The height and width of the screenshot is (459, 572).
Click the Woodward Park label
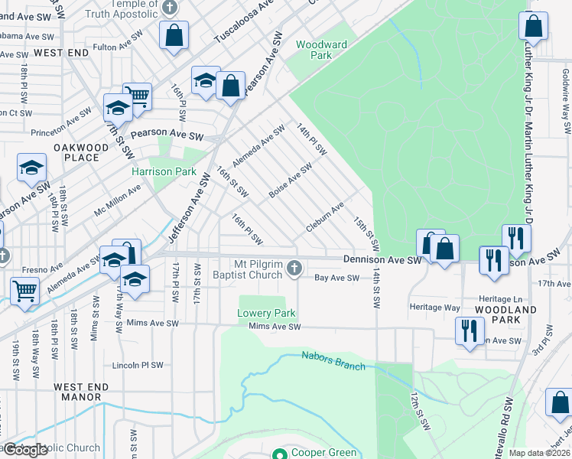[x=321, y=50]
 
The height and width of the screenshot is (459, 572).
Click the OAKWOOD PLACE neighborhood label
[x=76, y=152]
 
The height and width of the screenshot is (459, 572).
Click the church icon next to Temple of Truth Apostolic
[x=170, y=8]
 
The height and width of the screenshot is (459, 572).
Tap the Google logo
[x=25, y=450]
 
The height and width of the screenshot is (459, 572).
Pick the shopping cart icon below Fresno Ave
[x=24, y=290]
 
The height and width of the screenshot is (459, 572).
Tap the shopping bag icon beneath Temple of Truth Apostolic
[x=174, y=34]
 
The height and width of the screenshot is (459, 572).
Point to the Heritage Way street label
[x=436, y=308]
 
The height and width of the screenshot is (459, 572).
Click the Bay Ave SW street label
[x=337, y=278]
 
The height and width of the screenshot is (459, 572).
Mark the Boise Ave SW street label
[x=290, y=180]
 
